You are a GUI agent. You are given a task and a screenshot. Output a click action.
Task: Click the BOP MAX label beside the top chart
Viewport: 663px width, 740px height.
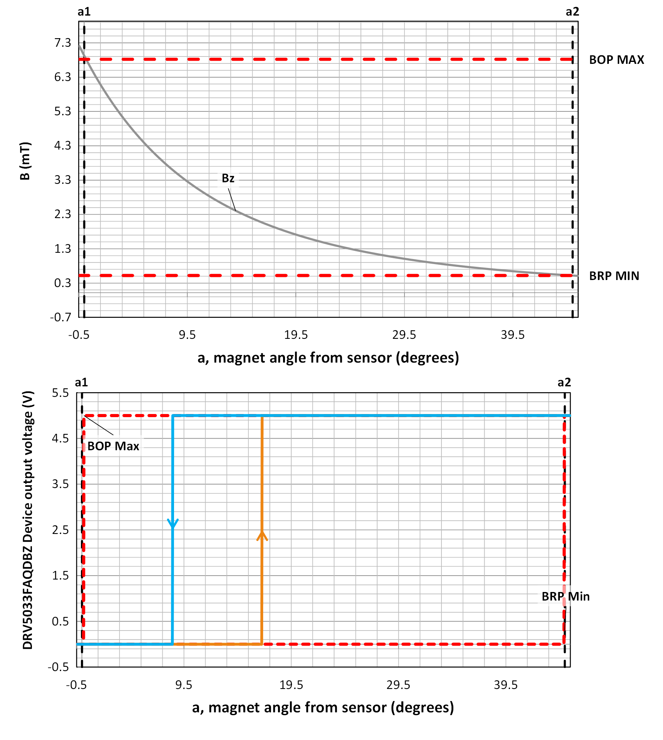pos(616,60)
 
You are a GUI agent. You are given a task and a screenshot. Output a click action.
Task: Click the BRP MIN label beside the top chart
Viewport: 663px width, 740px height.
pos(614,276)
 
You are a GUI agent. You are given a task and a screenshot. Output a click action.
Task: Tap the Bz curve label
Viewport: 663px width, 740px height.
pos(228,178)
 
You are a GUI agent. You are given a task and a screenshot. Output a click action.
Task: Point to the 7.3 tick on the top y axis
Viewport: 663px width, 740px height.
pos(63,42)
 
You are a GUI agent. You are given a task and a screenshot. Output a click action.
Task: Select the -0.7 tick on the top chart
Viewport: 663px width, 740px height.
pos(61,317)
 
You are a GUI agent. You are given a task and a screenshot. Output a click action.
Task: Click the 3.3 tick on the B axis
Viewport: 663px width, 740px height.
pos(63,180)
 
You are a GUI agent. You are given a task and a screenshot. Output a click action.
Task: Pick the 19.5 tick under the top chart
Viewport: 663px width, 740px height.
pos(296,335)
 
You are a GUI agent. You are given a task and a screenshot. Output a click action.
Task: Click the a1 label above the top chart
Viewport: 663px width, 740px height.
pos(84,12)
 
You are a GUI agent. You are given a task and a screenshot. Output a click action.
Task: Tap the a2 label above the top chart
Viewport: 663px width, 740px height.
pos(572,12)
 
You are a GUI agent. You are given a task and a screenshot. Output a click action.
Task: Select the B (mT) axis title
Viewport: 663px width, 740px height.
pos(25,161)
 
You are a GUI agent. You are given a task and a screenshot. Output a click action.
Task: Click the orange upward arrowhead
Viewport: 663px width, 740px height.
pos(262,536)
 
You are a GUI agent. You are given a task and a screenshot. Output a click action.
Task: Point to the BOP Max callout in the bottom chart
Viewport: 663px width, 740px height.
pos(113,446)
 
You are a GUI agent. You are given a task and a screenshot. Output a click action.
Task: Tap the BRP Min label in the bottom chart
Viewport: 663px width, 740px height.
pos(565,597)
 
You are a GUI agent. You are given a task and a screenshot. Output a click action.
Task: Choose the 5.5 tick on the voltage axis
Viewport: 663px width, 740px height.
pos(60,393)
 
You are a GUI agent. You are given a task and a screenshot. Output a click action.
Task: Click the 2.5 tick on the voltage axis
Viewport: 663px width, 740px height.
pos(60,530)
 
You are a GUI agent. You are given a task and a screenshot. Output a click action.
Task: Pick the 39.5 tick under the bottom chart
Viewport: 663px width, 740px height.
pos(506,685)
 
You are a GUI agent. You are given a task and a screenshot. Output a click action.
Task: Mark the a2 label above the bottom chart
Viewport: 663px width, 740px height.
pos(564,382)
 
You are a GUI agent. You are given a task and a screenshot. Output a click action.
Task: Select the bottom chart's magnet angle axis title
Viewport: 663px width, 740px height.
pos(323,708)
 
